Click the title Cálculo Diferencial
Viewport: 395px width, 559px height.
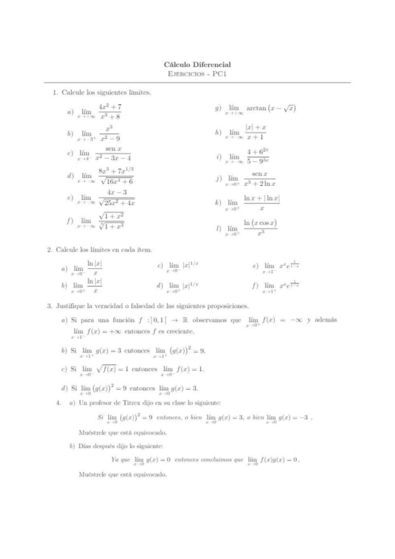point(197,65)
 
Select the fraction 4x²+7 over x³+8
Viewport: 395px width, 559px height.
point(110,112)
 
